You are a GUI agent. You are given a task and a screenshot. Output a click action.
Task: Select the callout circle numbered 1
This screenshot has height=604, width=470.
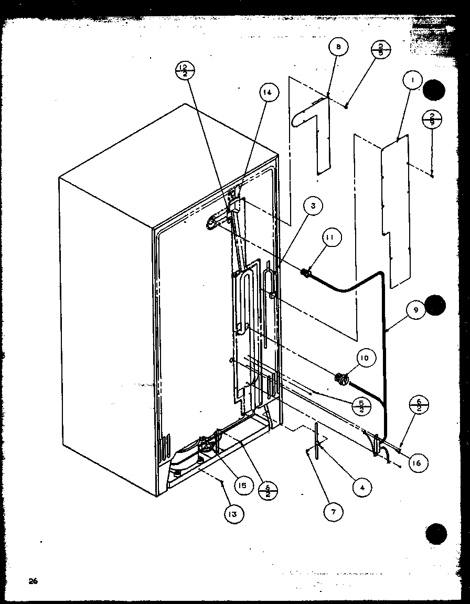click(x=413, y=80)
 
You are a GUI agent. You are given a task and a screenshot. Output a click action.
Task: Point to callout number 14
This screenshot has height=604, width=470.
click(x=268, y=93)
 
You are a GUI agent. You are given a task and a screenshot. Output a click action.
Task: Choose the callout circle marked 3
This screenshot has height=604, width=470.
click(x=313, y=206)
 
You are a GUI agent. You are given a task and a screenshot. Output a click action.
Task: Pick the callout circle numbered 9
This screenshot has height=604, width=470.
click(x=415, y=310)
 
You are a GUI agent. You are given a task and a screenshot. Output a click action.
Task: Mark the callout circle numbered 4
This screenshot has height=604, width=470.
click(x=362, y=487)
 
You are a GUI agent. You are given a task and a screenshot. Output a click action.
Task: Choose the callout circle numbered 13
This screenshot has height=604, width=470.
click(x=232, y=514)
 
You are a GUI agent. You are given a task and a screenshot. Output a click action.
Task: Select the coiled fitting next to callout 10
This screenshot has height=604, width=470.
click(x=341, y=377)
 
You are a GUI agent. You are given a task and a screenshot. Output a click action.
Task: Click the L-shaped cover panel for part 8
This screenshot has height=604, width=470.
click(x=314, y=131)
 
